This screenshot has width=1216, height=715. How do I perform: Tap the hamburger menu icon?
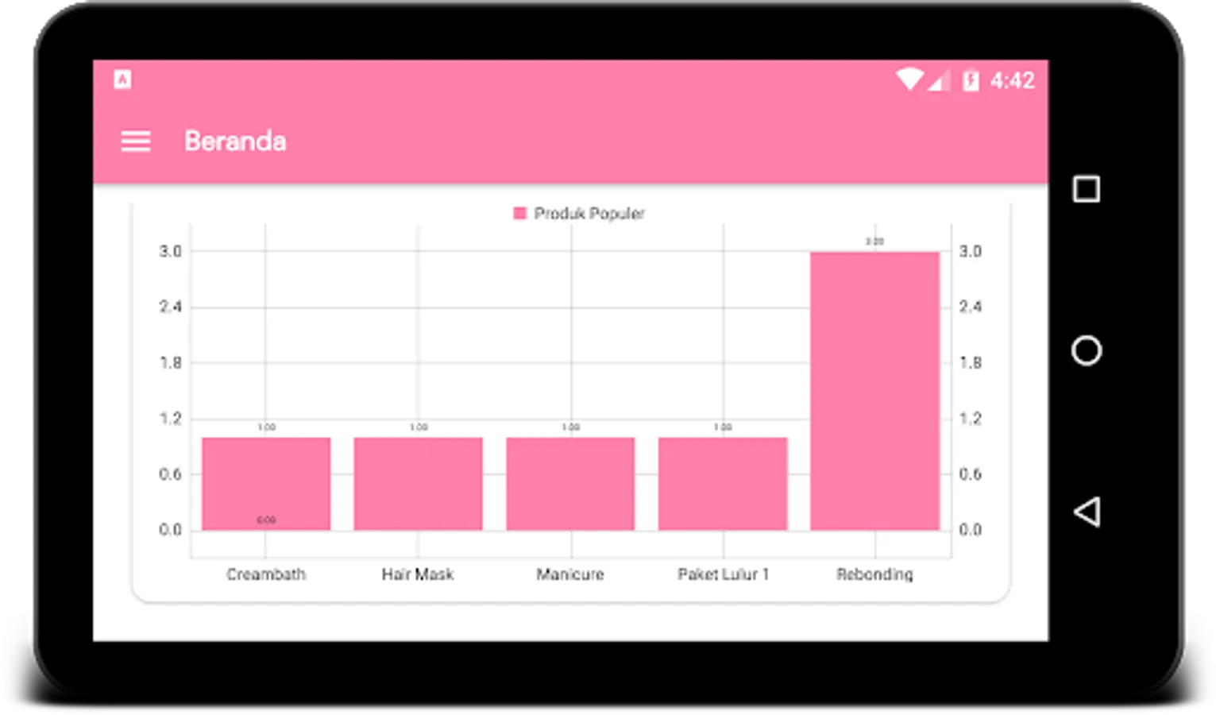[135, 141]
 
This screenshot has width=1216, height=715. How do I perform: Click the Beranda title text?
[235, 141]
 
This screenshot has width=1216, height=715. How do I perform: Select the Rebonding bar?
[874, 390]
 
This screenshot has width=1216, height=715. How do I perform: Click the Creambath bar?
[266, 483]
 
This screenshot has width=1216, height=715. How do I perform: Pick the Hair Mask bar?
[418, 483]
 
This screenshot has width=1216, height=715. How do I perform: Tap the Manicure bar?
[570, 483]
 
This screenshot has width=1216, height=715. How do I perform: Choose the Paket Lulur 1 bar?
[723, 483]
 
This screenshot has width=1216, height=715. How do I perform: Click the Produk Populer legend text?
[589, 214]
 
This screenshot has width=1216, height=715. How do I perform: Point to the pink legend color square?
[520, 213]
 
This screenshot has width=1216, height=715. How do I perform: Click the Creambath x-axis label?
[266, 574]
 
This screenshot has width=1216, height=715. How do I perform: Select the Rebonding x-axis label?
[874, 574]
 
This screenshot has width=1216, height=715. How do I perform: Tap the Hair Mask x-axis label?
[418, 574]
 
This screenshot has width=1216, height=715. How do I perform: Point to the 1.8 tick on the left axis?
[171, 363]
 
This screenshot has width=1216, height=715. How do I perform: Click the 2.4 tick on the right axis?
[971, 307]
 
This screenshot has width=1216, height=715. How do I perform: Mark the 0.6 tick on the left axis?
[171, 474]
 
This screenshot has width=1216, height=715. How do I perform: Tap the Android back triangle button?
[1087, 512]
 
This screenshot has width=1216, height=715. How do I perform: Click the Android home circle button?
[1087, 350]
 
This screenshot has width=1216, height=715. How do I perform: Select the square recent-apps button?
[1087, 189]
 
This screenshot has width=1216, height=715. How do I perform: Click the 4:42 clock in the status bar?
[1013, 80]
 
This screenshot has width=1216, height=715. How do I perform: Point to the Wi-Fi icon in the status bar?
[909, 79]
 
